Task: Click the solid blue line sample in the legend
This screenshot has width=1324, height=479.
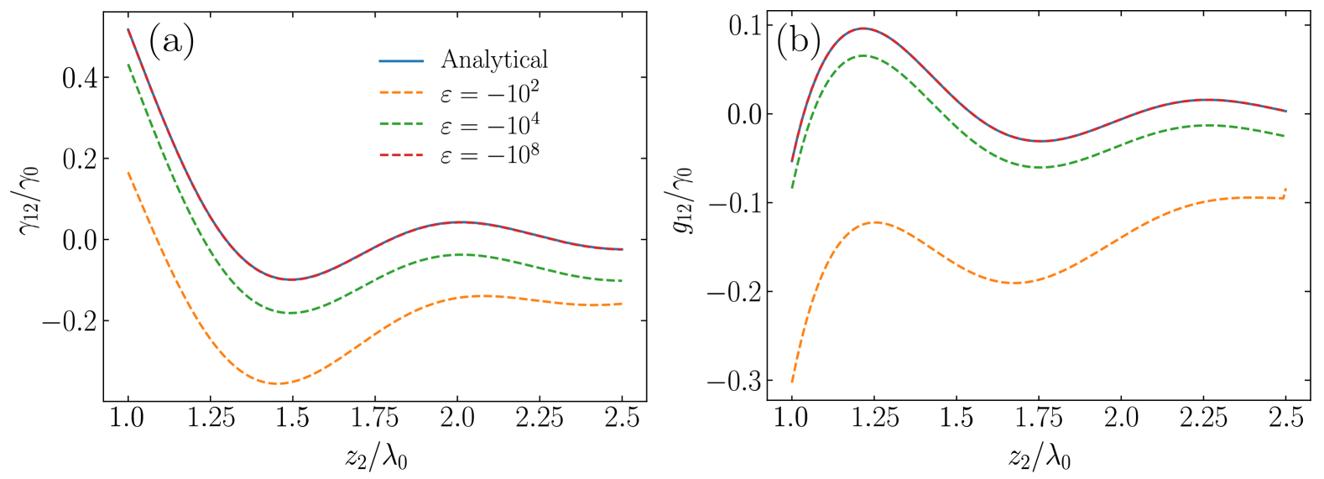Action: pyautogui.click(x=401, y=61)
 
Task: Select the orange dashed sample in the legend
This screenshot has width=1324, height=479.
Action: pyautogui.click(x=401, y=92)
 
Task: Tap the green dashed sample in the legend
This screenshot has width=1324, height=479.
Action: pyautogui.click(x=401, y=124)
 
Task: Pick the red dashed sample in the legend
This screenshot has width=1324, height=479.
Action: pyautogui.click(x=401, y=155)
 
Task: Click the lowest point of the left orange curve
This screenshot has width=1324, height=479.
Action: pyautogui.click(x=279, y=383)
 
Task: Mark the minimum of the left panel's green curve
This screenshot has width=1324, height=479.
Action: pyautogui.click(x=290, y=313)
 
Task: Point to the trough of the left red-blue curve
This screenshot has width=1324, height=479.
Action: pyautogui.click(x=290, y=279)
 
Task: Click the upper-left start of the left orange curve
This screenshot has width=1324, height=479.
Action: pyautogui.click(x=128, y=172)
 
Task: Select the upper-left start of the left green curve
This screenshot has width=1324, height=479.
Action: pyautogui.click(x=128, y=65)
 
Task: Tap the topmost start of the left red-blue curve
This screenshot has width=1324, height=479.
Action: pyautogui.click(x=128, y=29)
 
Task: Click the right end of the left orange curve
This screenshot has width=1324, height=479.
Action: pyautogui.click(x=622, y=304)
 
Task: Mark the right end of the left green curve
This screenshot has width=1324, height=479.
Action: pyautogui.click(x=622, y=281)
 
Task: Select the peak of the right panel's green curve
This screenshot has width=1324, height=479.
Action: pyautogui.click(x=863, y=56)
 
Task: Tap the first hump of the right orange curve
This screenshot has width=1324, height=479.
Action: pyautogui.click(x=875, y=222)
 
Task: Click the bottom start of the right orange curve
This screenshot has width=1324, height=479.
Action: pyautogui.click(x=792, y=382)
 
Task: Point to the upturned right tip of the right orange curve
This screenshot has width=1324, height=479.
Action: pyautogui.click(x=1285, y=189)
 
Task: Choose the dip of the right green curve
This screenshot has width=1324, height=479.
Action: pyautogui.click(x=1039, y=167)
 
